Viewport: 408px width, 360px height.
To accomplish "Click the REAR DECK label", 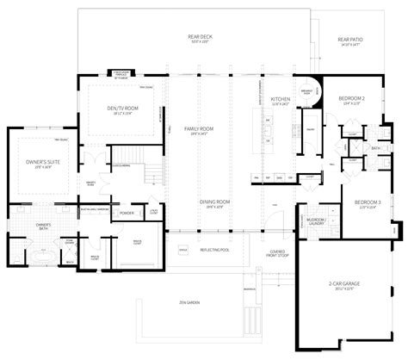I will click(201, 38).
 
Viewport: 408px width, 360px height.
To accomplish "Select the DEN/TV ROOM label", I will click(120, 109).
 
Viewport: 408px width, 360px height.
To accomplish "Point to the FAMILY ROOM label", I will click(199, 128).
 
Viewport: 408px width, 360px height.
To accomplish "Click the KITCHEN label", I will click(281, 101).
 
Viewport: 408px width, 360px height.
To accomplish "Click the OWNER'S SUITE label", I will click(39, 164).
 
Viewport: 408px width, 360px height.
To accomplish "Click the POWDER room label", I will click(126, 213).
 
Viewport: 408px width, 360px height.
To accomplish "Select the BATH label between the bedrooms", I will click(374, 147).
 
